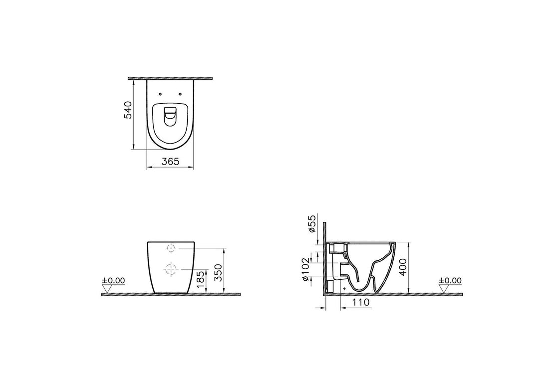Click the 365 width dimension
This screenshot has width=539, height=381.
pyautogui.click(x=170, y=161)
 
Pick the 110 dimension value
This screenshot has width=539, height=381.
pyautogui.click(x=359, y=302)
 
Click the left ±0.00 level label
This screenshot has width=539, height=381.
pyautogui.click(x=114, y=280)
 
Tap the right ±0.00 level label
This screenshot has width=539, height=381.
pyautogui.click(x=450, y=280)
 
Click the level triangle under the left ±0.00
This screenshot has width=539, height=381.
pyautogui.click(x=106, y=288)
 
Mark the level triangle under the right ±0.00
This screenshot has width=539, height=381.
pyautogui.click(x=443, y=288)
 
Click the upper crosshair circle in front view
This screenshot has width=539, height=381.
pyautogui.click(x=171, y=248)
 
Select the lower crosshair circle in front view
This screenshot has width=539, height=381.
pyautogui.click(x=171, y=269)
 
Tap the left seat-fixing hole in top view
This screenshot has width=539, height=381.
pyautogui.click(x=159, y=94)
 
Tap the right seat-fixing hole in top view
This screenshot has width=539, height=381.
pyautogui.click(x=180, y=94)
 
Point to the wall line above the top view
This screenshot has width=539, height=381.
pyautogui.click(x=170, y=78)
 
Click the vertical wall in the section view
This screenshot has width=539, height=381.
pyautogui.click(x=324, y=259)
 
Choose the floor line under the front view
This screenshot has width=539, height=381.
pyautogui.click(x=171, y=294)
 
